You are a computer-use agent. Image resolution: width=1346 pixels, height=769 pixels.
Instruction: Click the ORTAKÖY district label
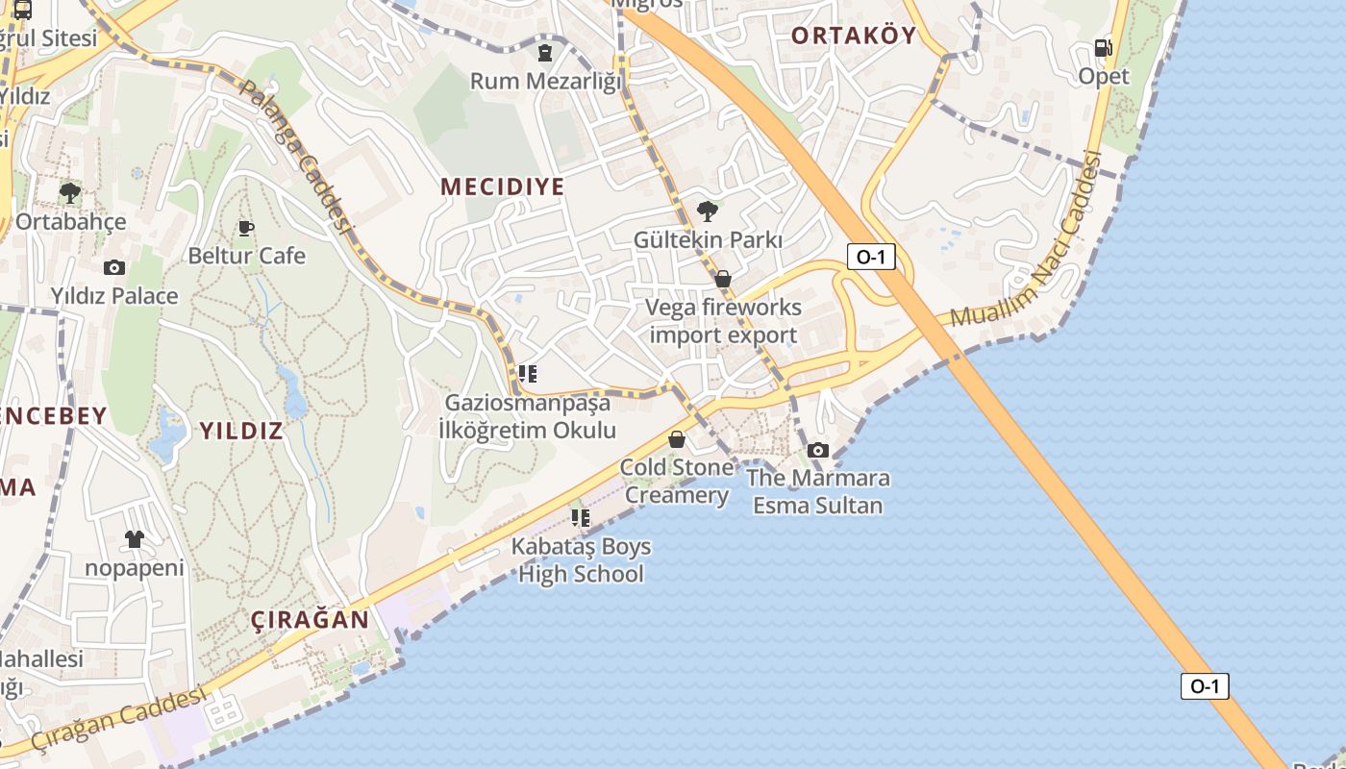pyautogui.click(x=853, y=36)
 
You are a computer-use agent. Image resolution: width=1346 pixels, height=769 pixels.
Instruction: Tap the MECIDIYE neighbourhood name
pyautogui.click(x=502, y=186)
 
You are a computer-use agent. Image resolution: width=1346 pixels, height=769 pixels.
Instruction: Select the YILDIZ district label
pyautogui.click(x=241, y=430)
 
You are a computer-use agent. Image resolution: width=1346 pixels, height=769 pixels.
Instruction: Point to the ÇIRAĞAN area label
pyautogui.click(x=311, y=619)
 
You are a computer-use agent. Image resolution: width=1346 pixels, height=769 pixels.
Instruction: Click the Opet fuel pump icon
pyautogui.click(x=1103, y=48)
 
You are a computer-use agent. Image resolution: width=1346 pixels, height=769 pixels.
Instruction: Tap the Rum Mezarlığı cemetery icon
pyautogui.click(x=545, y=52)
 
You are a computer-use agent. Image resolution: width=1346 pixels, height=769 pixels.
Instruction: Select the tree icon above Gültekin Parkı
pyautogui.click(x=708, y=211)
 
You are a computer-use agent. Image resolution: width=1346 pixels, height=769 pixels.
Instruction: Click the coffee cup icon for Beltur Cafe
pyautogui.click(x=246, y=228)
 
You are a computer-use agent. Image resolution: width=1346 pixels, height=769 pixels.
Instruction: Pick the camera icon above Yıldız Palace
pyautogui.click(x=114, y=267)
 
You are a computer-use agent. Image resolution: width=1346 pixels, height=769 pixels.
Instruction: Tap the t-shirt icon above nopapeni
pyautogui.click(x=134, y=539)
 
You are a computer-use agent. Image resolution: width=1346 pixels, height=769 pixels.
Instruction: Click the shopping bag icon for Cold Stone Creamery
pyautogui.click(x=677, y=439)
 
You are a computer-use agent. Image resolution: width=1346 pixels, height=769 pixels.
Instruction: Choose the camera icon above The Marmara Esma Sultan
pyautogui.click(x=817, y=449)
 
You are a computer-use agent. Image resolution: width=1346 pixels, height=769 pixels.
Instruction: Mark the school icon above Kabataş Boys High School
pyautogui.click(x=580, y=518)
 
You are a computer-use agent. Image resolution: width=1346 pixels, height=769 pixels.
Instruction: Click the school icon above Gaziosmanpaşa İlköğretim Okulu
pyautogui.click(x=527, y=374)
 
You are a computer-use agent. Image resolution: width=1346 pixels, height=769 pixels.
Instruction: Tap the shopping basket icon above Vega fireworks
pyautogui.click(x=723, y=279)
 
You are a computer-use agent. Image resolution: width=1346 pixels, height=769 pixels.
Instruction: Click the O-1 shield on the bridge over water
pyautogui.click(x=1205, y=685)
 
